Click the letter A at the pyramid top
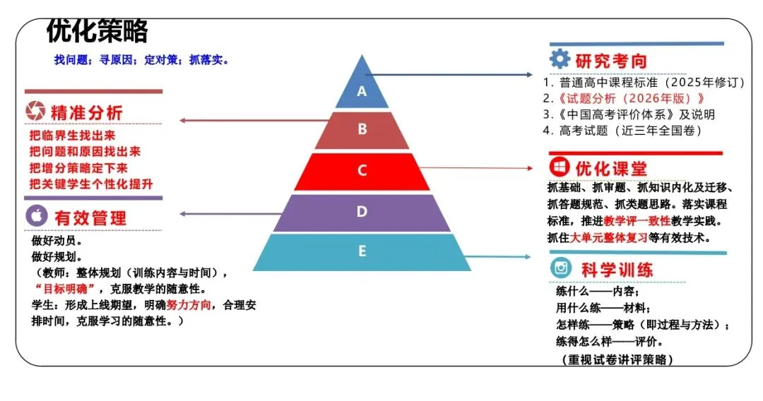362,91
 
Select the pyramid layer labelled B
362,130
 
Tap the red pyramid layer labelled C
362,171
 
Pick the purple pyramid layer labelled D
362,212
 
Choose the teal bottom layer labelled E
362,251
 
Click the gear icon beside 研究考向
560,59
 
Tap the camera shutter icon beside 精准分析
35,112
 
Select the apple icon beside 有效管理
37,215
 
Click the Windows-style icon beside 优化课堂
560,168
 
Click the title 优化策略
97,31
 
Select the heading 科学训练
608,270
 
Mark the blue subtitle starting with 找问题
141,60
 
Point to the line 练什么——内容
597,291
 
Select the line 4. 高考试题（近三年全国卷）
622,131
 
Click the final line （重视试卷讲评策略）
613,359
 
